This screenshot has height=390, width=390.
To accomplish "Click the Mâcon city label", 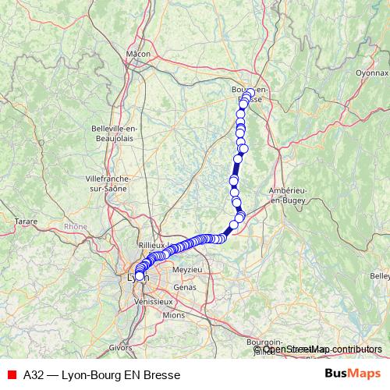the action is click(x=137, y=54).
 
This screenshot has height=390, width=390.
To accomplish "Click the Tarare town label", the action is click(x=26, y=222).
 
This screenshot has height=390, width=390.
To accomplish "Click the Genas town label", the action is click(x=185, y=287).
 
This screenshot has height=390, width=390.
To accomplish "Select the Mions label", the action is click(x=174, y=315).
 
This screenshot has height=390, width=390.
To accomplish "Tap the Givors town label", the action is click(x=121, y=346).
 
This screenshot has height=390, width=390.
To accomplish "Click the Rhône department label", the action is click(x=76, y=227).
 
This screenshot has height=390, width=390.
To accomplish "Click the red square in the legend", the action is click(x=12, y=375).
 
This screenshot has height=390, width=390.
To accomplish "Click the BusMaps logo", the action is click(x=353, y=374).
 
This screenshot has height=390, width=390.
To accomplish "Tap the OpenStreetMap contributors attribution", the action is click(x=321, y=349).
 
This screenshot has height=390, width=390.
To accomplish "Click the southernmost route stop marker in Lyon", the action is click(x=140, y=275).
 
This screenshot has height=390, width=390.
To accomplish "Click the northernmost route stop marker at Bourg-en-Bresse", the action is click(x=248, y=95).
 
